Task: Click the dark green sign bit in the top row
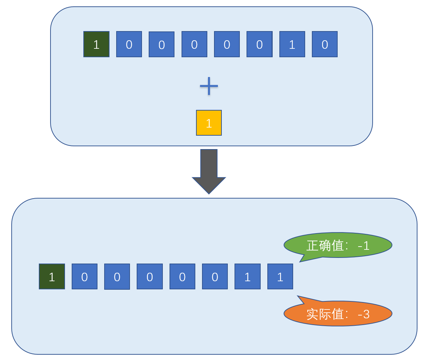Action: point(96,44)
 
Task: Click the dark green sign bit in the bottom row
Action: point(52,277)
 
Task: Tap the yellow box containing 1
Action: point(209,123)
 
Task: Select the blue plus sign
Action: point(209,86)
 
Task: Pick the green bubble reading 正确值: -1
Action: point(338,245)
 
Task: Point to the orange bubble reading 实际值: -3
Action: point(338,313)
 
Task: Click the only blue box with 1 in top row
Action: point(292,44)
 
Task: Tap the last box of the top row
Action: point(325,44)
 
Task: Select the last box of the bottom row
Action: point(280,277)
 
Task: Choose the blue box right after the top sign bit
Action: point(129,44)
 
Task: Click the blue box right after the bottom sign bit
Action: point(84,277)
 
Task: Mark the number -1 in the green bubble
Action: point(363,246)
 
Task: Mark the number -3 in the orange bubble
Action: point(363,314)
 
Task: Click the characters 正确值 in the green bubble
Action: point(325,246)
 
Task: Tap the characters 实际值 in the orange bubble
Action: point(325,314)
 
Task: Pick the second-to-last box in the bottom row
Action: point(248,277)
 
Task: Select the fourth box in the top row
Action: point(194,44)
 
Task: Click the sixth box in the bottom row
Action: point(215,277)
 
